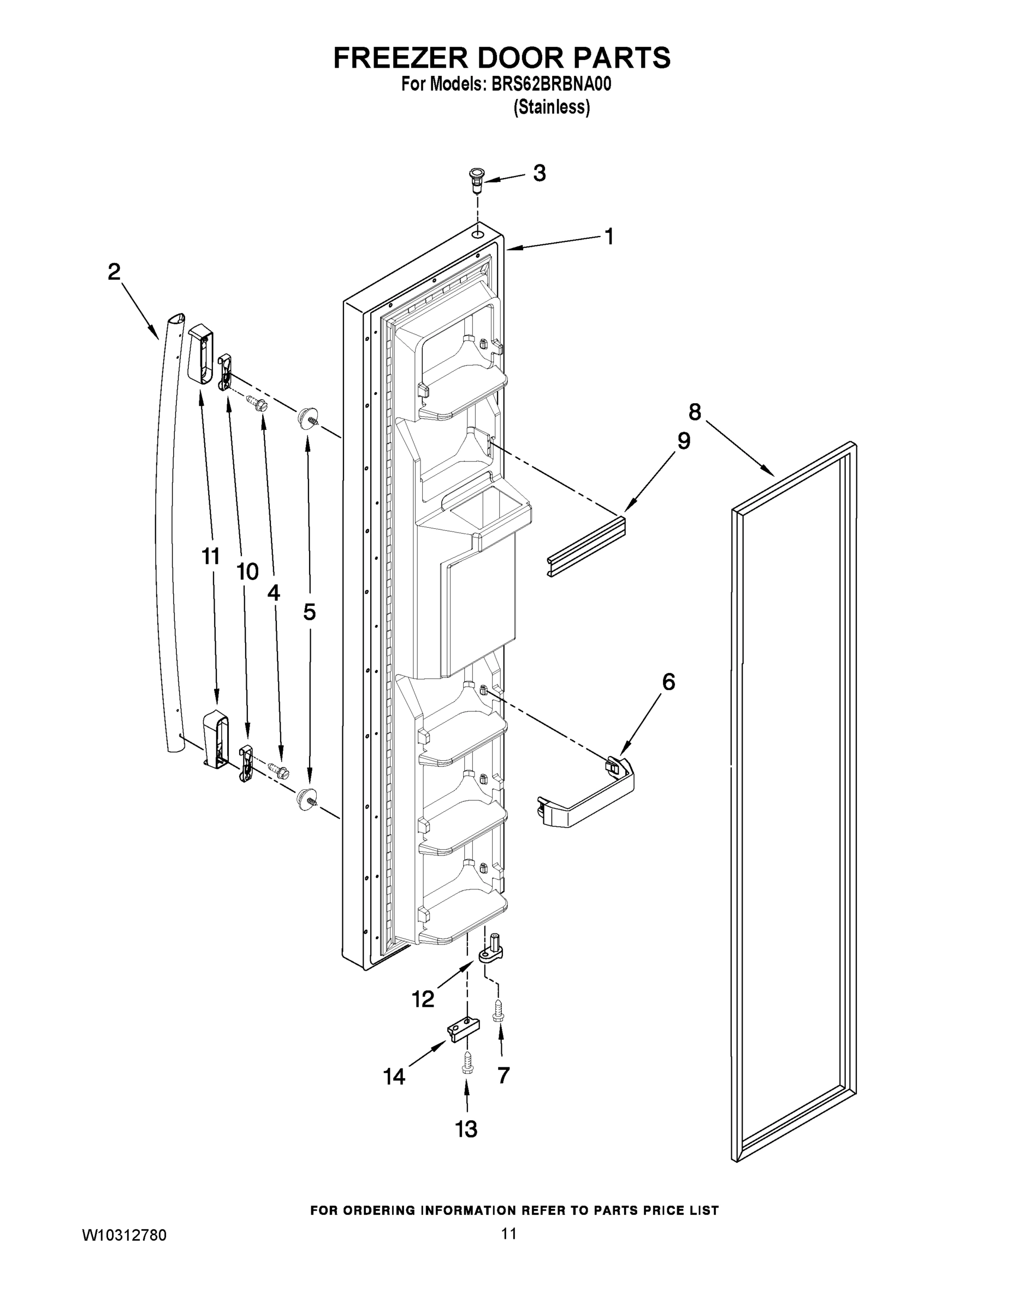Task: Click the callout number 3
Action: [x=540, y=174]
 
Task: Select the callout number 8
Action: [x=694, y=412]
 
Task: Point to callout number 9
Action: [x=684, y=441]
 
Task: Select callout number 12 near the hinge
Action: [x=423, y=999]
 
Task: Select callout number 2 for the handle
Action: [x=114, y=272]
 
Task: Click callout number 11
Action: [x=210, y=557]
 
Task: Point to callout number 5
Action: [x=309, y=612]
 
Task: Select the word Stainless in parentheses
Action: [x=552, y=108]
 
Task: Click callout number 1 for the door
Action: [x=609, y=237]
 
